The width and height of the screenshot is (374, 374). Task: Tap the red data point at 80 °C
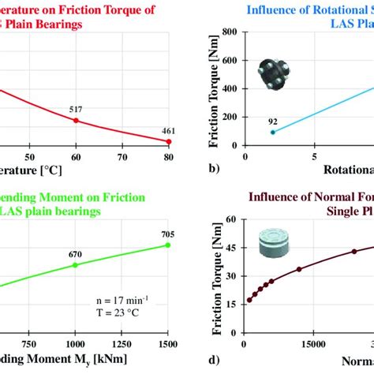pyautogui.click(x=168, y=141)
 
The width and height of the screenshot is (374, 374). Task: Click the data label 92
pyautogui.click(x=273, y=121)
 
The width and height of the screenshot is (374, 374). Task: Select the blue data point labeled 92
pyautogui.click(x=273, y=132)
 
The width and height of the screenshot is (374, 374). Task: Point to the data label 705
pyautogui.click(x=168, y=234)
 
